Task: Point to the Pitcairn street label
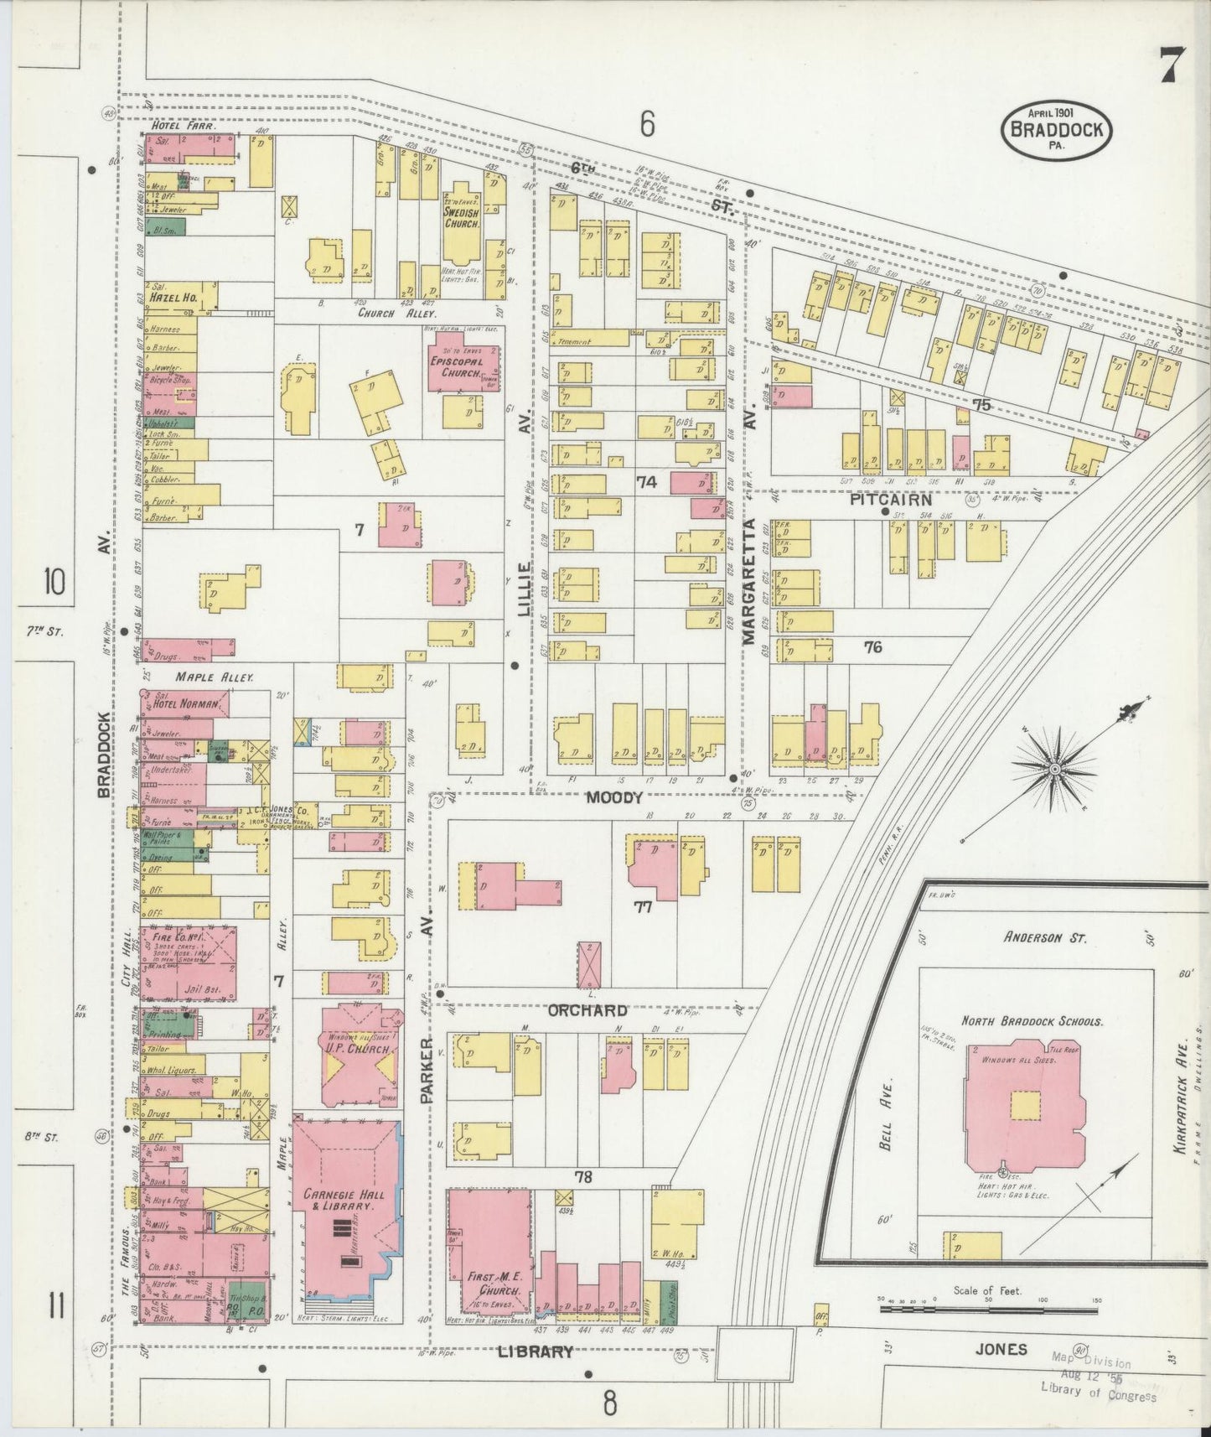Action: coord(891,499)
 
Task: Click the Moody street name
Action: coord(613,797)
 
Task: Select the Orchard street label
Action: coord(587,1010)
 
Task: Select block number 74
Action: coord(646,482)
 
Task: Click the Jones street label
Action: coord(1001,1348)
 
